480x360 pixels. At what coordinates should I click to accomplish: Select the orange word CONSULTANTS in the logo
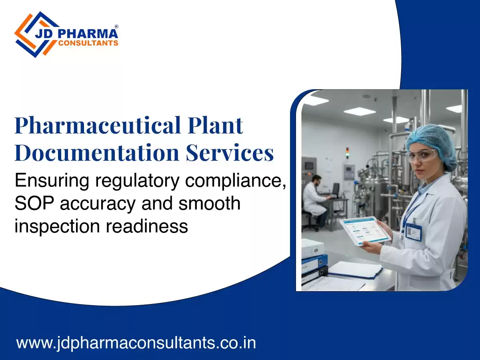(88, 43)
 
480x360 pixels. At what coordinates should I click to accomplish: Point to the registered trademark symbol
(116, 26)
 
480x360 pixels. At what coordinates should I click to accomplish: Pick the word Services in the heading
(230, 153)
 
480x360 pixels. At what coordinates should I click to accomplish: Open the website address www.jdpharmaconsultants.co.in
(136, 343)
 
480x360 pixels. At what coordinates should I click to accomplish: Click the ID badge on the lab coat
(413, 232)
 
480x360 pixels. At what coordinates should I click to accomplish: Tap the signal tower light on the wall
(347, 152)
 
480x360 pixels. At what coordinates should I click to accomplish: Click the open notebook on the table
(355, 270)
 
